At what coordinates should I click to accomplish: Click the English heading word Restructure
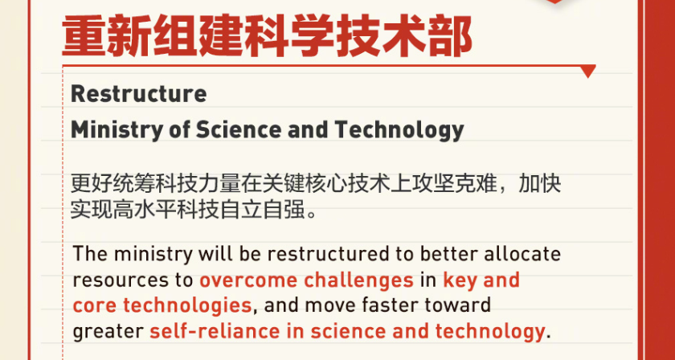pyautogui.click(x=138, y=94)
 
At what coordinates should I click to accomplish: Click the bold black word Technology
pyautogui.click(x=399, y=129)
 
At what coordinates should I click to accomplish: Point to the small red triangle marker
pyautogui.click(x=588, y=71)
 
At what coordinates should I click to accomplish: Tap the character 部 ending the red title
pyautogui.click(x=451, y=37)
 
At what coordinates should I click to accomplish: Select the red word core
pyautogui.click(x=95, y=306)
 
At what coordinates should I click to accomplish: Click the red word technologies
pyautogui.click(x=187, y=306)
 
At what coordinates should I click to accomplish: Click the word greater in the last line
pyautogui.click(x=108, y=332)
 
